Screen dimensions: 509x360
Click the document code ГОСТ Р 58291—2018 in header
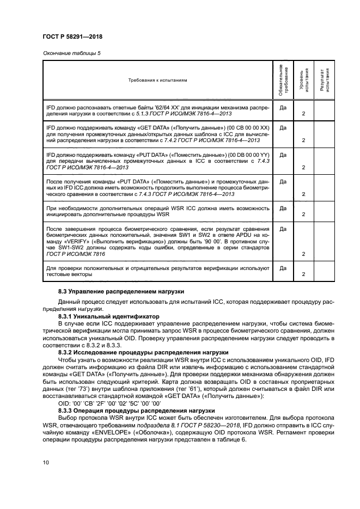[72, 36]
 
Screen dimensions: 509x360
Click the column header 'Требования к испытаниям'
[157, 80]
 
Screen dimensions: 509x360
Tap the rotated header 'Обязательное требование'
[283, 81]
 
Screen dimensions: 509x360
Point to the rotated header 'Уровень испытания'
[303, 81]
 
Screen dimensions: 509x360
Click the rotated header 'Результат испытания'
[324, 81]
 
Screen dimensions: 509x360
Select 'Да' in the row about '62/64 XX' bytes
[283, 108]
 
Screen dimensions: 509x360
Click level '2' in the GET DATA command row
[303, 140]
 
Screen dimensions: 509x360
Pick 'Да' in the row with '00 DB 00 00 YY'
[283, 155]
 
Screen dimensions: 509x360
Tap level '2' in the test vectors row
[303, 274]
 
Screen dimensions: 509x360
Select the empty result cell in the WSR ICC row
[324, 212]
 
